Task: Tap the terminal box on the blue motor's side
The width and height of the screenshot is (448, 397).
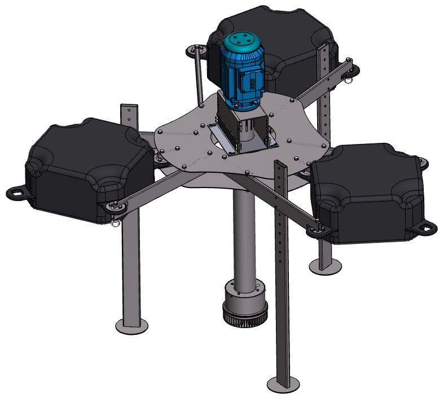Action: click(250, 80)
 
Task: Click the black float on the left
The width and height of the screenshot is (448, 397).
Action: click(85, 164)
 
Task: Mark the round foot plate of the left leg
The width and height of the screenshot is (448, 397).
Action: click(131, 325)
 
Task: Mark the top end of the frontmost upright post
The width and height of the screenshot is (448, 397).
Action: click(281, 165)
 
